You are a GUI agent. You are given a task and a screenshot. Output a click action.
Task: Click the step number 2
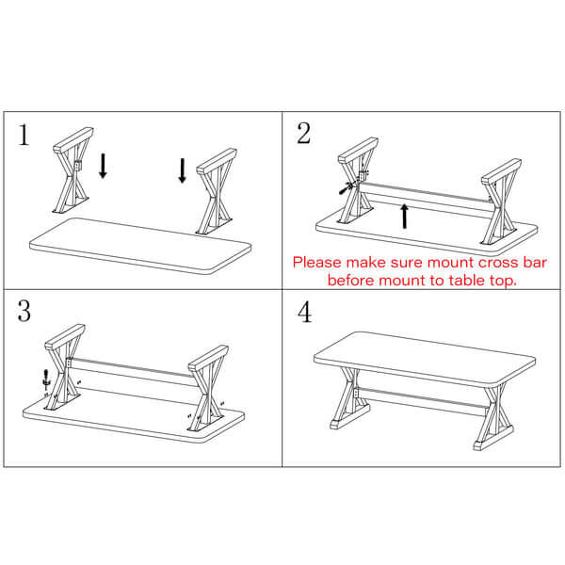point(303,134)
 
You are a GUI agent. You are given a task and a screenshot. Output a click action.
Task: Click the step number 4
point(304,313)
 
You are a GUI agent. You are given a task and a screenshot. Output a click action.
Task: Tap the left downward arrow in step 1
point(103,167)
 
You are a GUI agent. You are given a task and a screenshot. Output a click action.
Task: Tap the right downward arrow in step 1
point(183,170)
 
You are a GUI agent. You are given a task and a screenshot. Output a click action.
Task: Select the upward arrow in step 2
point(404,215)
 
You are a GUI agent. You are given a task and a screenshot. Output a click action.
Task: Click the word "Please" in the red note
point(316,263)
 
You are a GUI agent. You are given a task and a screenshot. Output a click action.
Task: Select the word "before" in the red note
point(349,280)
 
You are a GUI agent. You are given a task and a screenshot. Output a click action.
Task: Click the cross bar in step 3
point(132,372)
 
